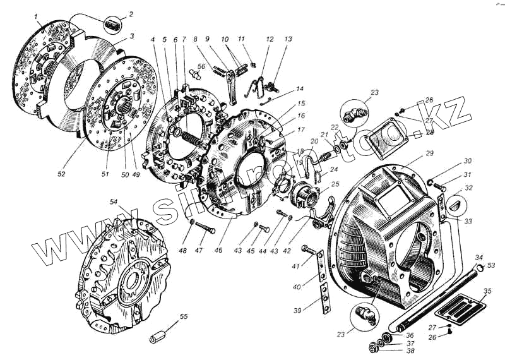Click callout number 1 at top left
(x=37, y=15)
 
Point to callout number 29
(x=429, y=154)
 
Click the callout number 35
(x=487, y=291)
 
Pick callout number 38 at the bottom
(x=411, y=351)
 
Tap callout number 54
(x=114, y=201)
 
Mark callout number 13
(x=288, y=39)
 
